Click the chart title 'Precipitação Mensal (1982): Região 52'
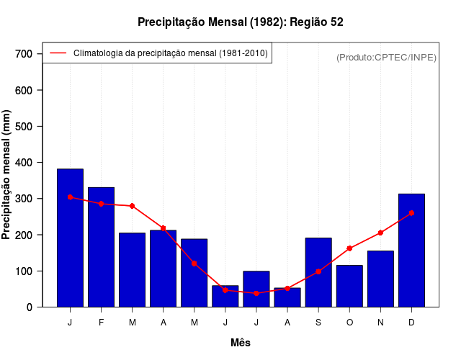(x=241, y=22)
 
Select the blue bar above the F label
(x=101, y=247)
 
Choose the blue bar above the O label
(x=349, y=286)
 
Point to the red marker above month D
(x=411, y=213)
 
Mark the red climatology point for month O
(x=349, y=248)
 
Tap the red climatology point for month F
(x=101, y=204)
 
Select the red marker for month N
(x=380, y=233)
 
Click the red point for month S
(x=318, y=271)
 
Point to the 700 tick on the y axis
(x=24, y=54)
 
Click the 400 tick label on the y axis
(x=24, y=163)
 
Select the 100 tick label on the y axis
(x=24, y=271)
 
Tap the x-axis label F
(x=101, y=323)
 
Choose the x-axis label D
(x=411, y=323)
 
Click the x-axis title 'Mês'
(x=241, y=343)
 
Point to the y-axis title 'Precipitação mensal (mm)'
(x=7, y=175)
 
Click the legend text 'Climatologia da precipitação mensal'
(x=170, y=53)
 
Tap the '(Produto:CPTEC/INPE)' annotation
(x=387, y=57)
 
